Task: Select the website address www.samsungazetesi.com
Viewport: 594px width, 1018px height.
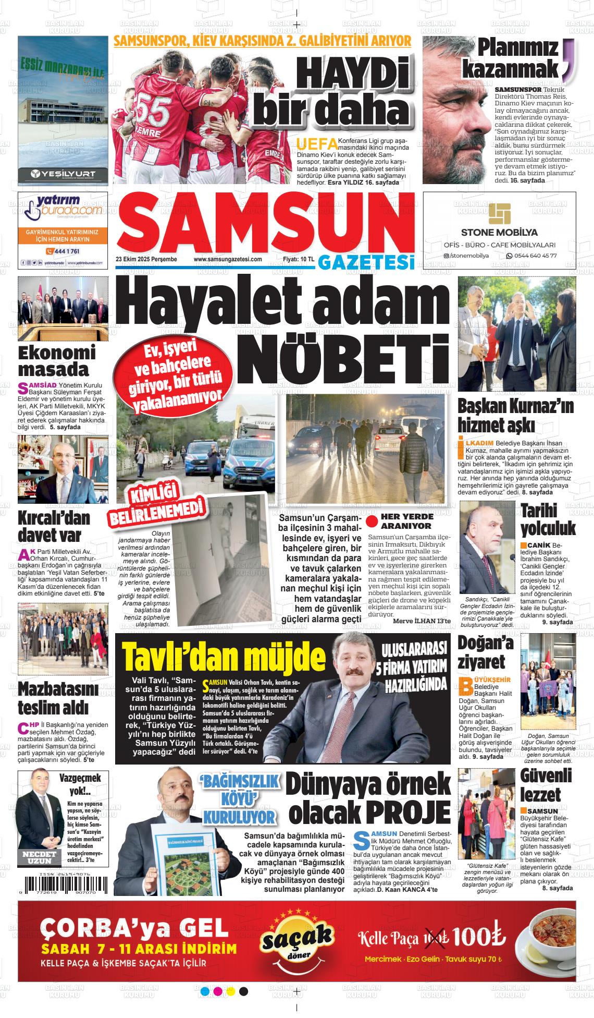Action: pos(228,259)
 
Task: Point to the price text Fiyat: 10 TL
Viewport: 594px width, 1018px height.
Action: pos(298,259)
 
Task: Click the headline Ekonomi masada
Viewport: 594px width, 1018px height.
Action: pos(57,361)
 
